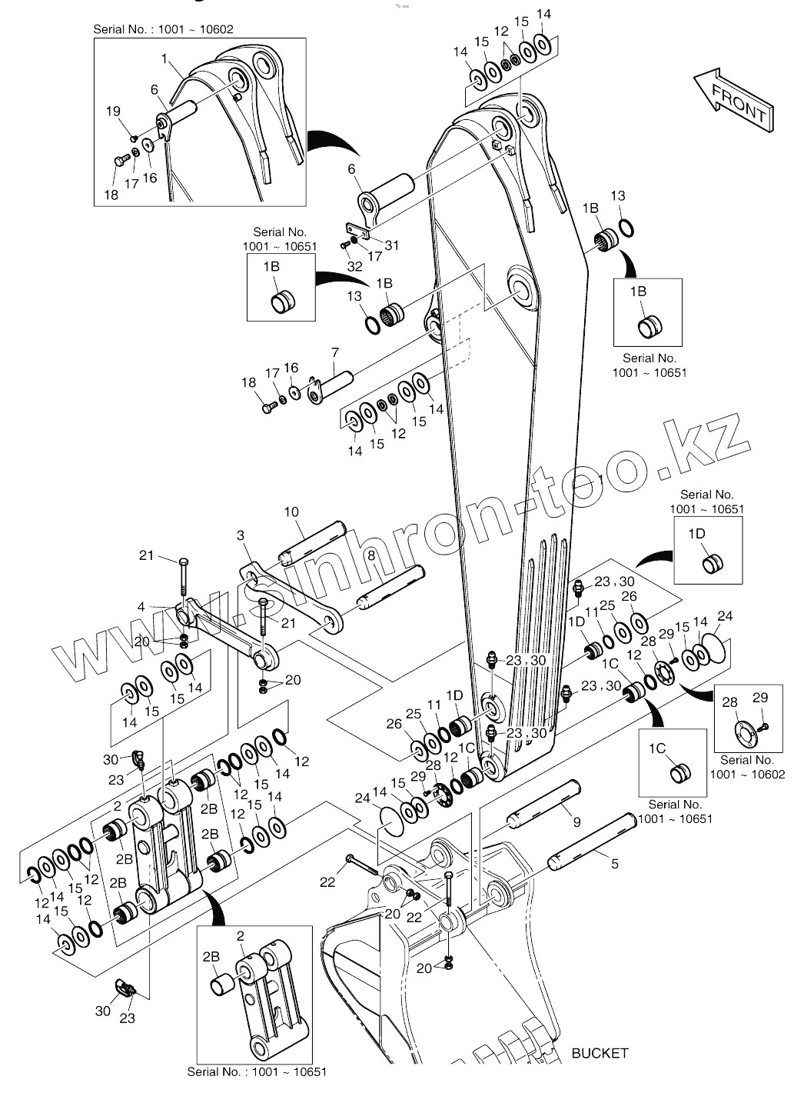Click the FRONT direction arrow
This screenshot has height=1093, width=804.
pyautogui.click(x=733, y=99)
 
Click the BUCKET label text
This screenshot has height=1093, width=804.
pyautogui.click(x=600, y=1053)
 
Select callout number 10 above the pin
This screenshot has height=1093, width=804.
pyautogui.click(x=291, y=512)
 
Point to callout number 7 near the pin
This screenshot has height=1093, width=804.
pyautogui.click(x=335, y=353)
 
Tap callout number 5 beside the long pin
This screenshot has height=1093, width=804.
pyautogui.click(x=614, y=864)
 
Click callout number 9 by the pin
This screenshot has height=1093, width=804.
pyautogui.click(x=576, y=822)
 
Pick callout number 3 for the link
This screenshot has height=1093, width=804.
pyautogui.click(x=241, y=535)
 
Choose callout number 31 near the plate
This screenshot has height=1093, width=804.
pyautogui.click(x=392, y=245)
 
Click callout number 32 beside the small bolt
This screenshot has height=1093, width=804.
pyautogui.click(x=354, y=266)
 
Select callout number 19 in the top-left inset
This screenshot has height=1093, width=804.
pyautogui.click(x=113, y=112)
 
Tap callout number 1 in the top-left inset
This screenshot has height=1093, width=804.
pyautogui.click(x=164, y=58)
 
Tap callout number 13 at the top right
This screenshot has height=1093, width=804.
pyautogui.click(x=618, y=197)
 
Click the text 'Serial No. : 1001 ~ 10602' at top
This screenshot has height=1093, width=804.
pyautogui.click(x=163, y=29)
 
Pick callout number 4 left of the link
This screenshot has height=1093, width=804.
pyautogui.click(x=141, y=608)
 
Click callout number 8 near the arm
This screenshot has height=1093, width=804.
pyautogui.click(x=370, y=555)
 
